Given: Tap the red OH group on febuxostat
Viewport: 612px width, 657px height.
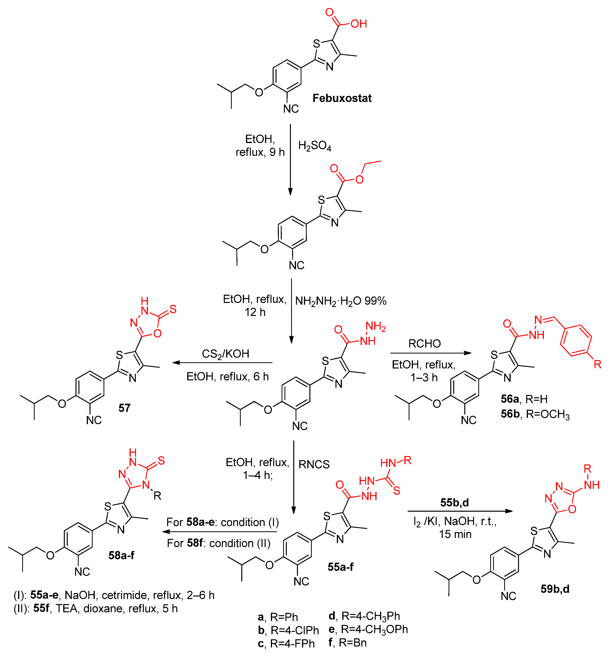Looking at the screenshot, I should coord(359,24).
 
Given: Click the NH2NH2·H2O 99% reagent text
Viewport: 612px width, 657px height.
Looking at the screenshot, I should coord(341,301).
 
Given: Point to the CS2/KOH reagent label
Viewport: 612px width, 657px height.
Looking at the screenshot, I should coord(226,354).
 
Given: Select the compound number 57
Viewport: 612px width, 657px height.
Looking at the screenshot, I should coord(124,408).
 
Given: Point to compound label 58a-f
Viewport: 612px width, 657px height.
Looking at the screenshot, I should coord(121,555).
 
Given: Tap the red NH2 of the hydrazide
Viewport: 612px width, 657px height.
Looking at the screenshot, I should coord(376,326).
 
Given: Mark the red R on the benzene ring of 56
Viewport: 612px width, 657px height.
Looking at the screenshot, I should coord(597,364).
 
